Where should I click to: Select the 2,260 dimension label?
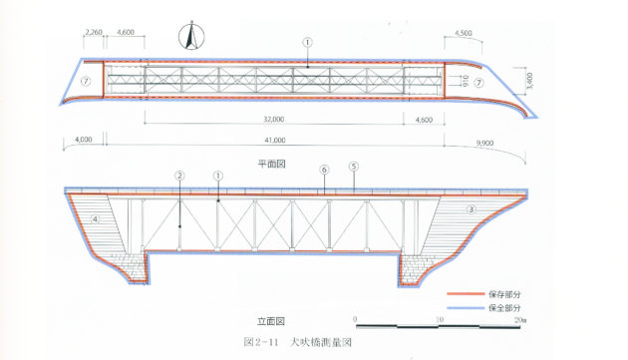click(x=95, y=33)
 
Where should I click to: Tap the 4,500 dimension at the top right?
click(x=463, y=33)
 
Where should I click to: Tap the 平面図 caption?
click(x=270, y=162)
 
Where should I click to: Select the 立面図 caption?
click(x=270, y=321)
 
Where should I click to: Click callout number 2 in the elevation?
click(x=179, y=176)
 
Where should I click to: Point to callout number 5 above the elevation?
click(x=353, y=167)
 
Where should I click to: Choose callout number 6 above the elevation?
click(x=324, y=171)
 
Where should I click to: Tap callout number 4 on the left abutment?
click(x=97, y=216)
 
